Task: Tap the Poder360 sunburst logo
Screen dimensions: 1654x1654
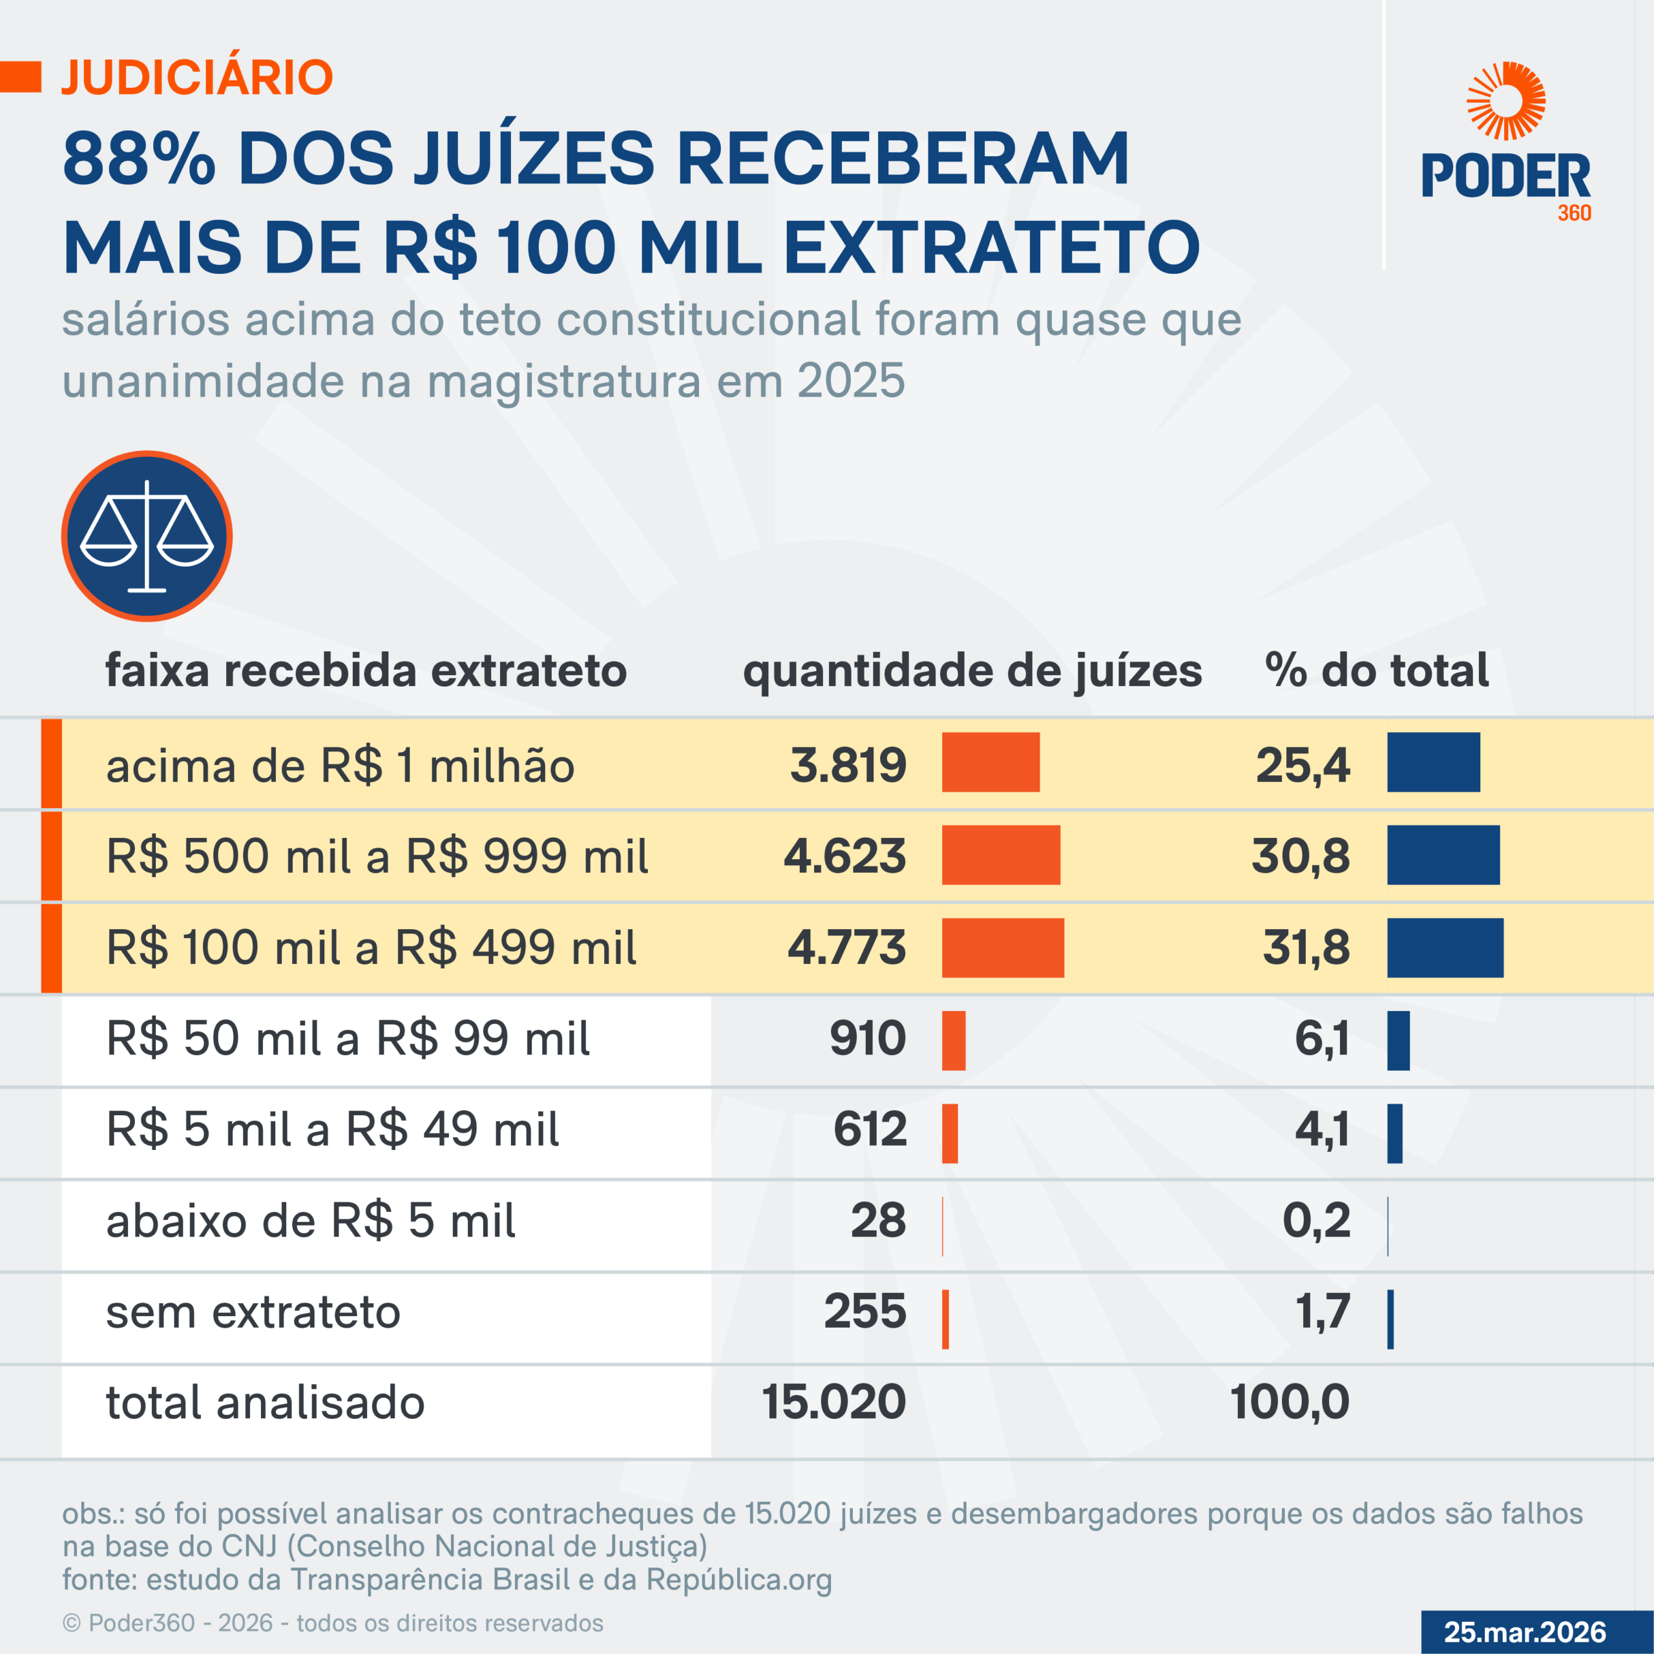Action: (x=1506, y=101)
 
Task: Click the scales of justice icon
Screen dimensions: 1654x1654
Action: (x=147, y=536)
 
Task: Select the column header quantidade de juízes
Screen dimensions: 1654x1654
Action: (x=972, y=671)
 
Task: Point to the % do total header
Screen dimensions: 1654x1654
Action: (x=1377, y=671)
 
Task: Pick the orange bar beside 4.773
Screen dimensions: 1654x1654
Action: (x=1003, y=948)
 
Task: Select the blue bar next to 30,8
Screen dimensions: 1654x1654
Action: (x=1443, y=855)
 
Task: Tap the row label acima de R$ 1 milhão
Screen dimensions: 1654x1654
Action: (x=340, y=766)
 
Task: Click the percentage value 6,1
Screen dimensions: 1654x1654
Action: (x=1322, y=1038)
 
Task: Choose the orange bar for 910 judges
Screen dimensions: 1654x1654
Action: (x=954, y=1040)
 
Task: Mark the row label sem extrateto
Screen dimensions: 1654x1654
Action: (x=253, y=1312)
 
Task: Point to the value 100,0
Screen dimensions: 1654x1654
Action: (x=1290, y=1402)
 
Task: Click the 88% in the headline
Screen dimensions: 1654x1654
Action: (x=139, y=159)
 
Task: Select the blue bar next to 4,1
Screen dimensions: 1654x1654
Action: (x=1395, y=1133)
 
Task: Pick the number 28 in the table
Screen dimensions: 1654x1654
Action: (x=877, y=1221)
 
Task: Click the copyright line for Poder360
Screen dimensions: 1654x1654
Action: (x=332, y=1623)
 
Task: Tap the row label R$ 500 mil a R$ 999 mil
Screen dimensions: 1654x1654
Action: (x=377, y=856)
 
